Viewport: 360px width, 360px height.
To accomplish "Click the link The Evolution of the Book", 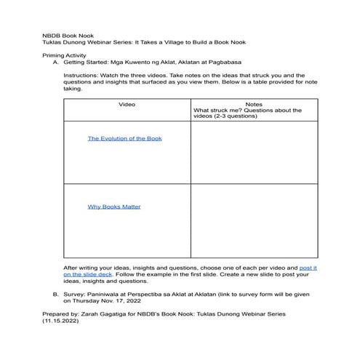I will click(x=124, y=138).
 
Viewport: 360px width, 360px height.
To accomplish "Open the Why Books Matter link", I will click(x=114, y=207).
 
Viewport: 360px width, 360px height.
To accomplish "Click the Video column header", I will click(x=127, y=105).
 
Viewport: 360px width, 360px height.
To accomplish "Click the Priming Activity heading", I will click(x=65, y=55).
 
